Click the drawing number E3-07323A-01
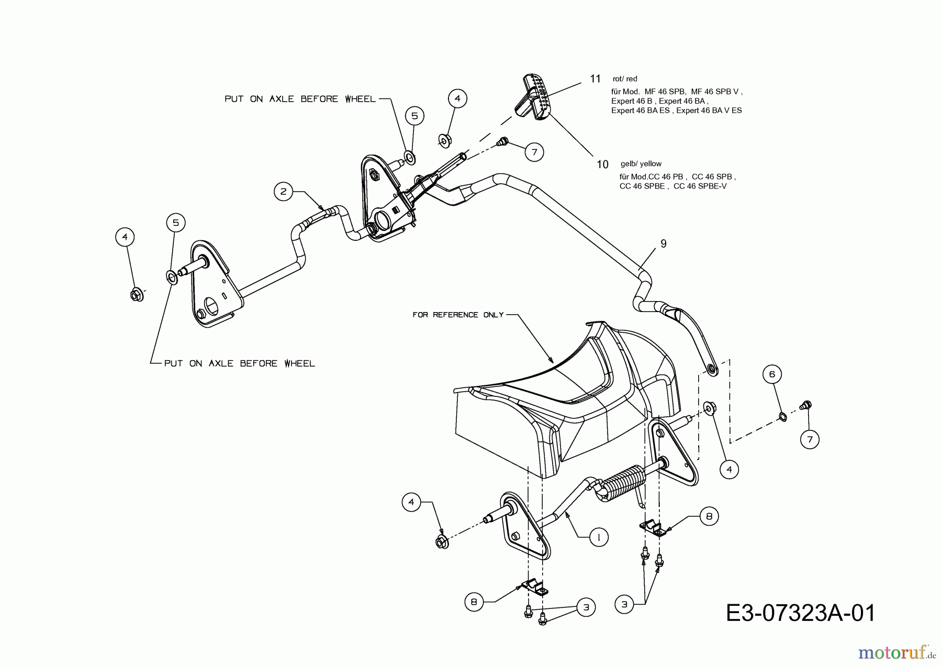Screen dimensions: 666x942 [800, 613]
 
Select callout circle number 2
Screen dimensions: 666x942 [283, 192]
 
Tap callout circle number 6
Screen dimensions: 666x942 [772, 374]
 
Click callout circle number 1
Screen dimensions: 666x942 [599, 537]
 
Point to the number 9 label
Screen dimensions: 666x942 [664, 243]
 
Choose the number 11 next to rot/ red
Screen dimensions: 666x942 [595, 79]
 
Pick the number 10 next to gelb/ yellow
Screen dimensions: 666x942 [602, 164]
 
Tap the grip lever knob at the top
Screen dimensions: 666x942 [534, 97]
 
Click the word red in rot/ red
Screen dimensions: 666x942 [632, 79]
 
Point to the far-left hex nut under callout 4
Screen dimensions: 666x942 [136, 295]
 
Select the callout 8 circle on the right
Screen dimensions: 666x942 [709, 517]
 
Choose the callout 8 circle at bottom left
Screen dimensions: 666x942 [474, 602]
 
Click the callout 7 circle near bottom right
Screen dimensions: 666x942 [810, 439]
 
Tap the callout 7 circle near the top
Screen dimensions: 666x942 [534, 152]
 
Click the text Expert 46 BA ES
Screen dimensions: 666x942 [641, 110]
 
